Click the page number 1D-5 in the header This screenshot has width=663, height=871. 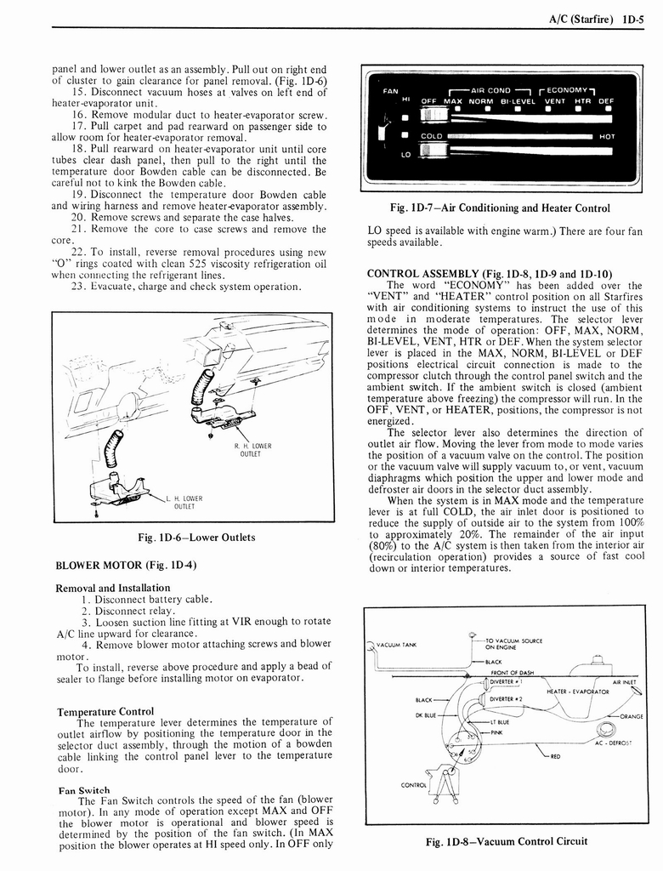(634, 14)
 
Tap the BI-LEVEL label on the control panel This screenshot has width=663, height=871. (516, 101)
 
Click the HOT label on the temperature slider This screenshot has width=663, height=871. (607, 136)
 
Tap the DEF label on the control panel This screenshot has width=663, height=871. (606, 101)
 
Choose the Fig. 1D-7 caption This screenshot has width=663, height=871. (486, 208)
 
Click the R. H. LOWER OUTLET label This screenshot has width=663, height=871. (252, 448)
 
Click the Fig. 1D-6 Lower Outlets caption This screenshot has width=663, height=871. (195, 537)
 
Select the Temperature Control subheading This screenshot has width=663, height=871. (105, 711)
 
